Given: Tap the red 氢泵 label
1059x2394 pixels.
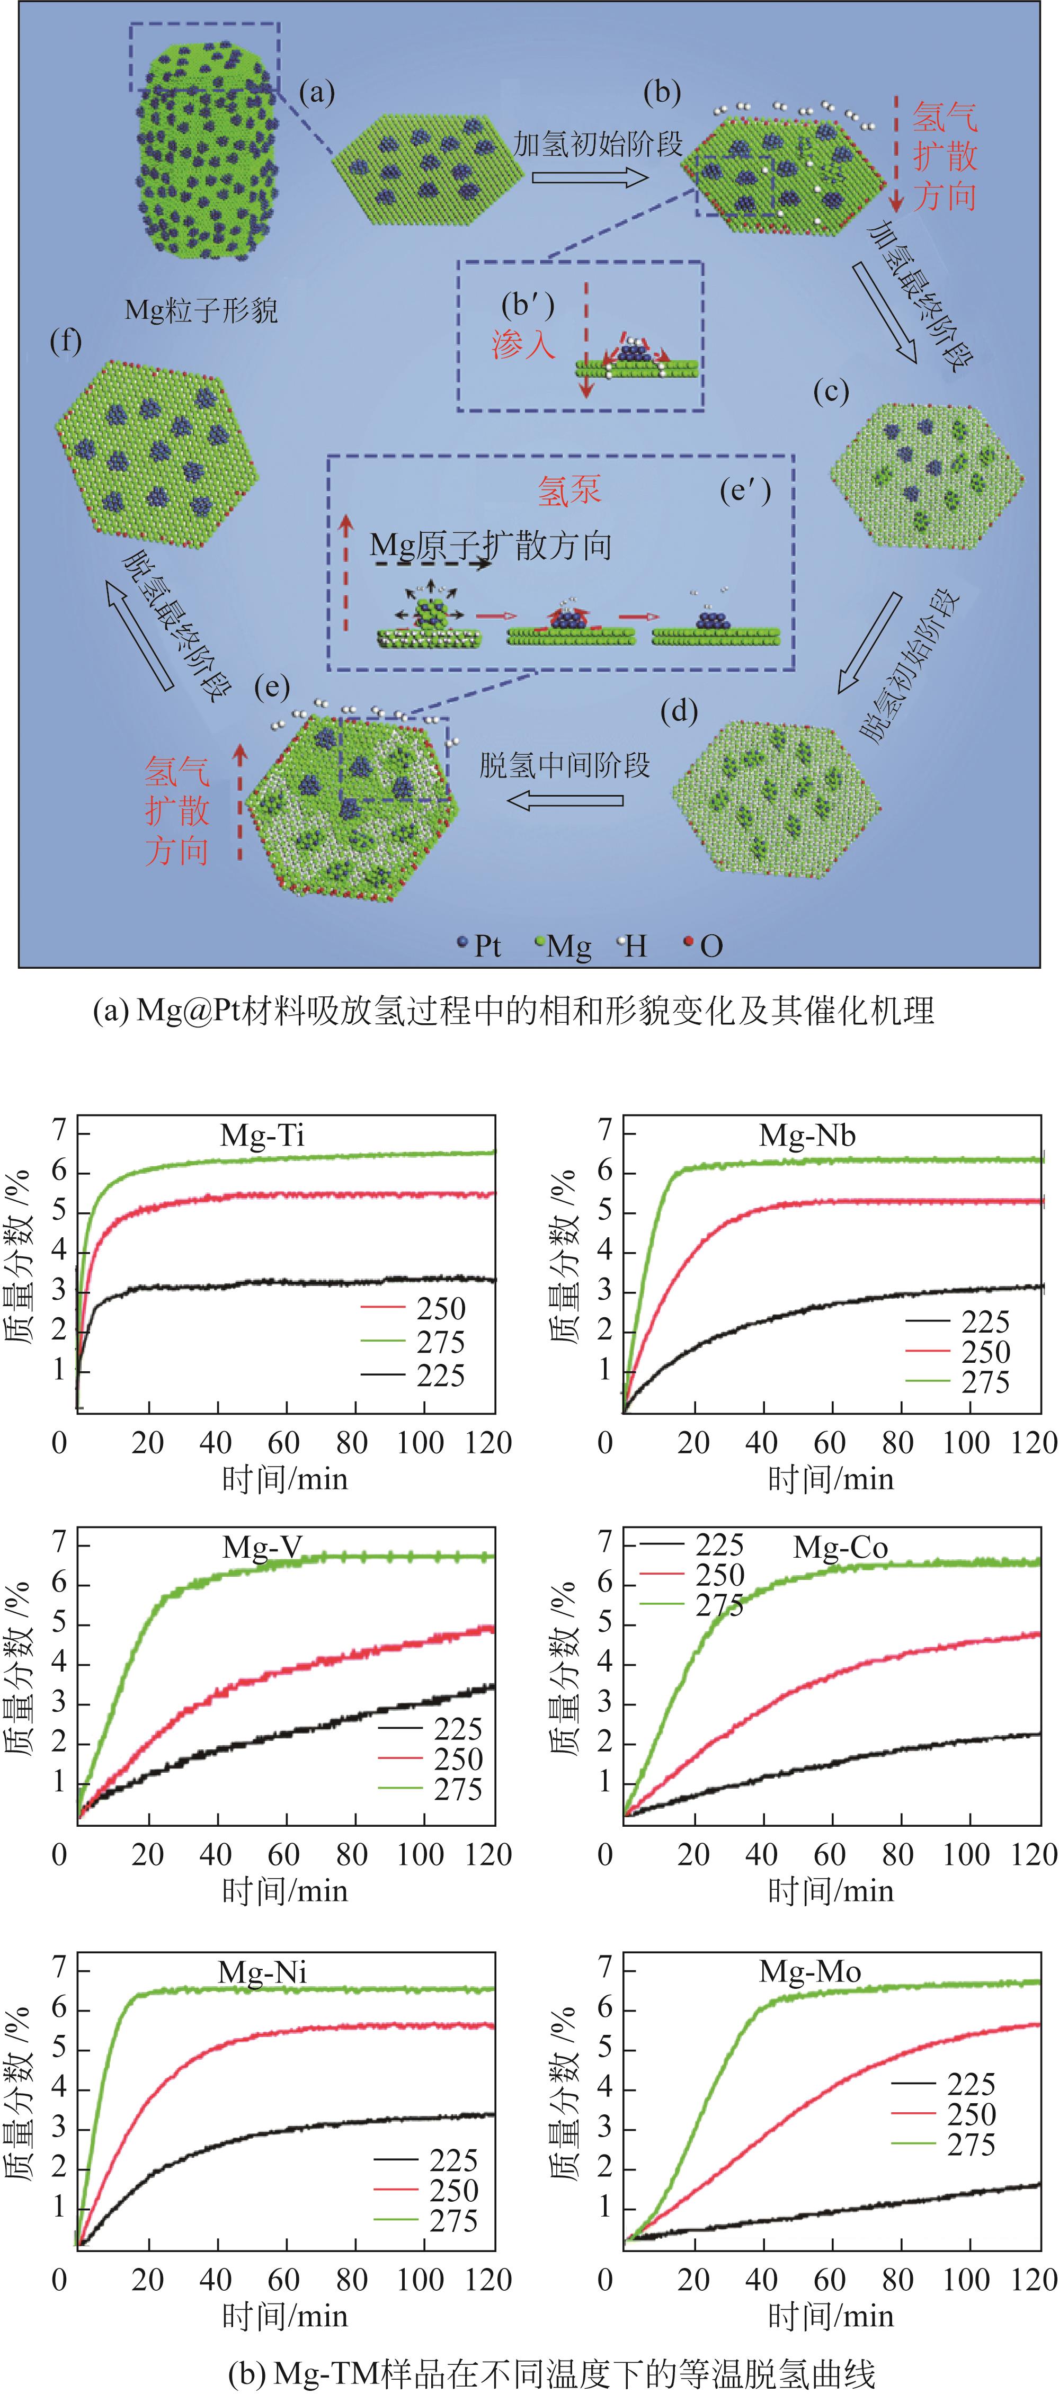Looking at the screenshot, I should tap(569, 490).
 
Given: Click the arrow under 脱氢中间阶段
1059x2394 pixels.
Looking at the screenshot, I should tap(564, 799).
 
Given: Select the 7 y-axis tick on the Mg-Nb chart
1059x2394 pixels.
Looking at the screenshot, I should tap(606, 1130).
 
